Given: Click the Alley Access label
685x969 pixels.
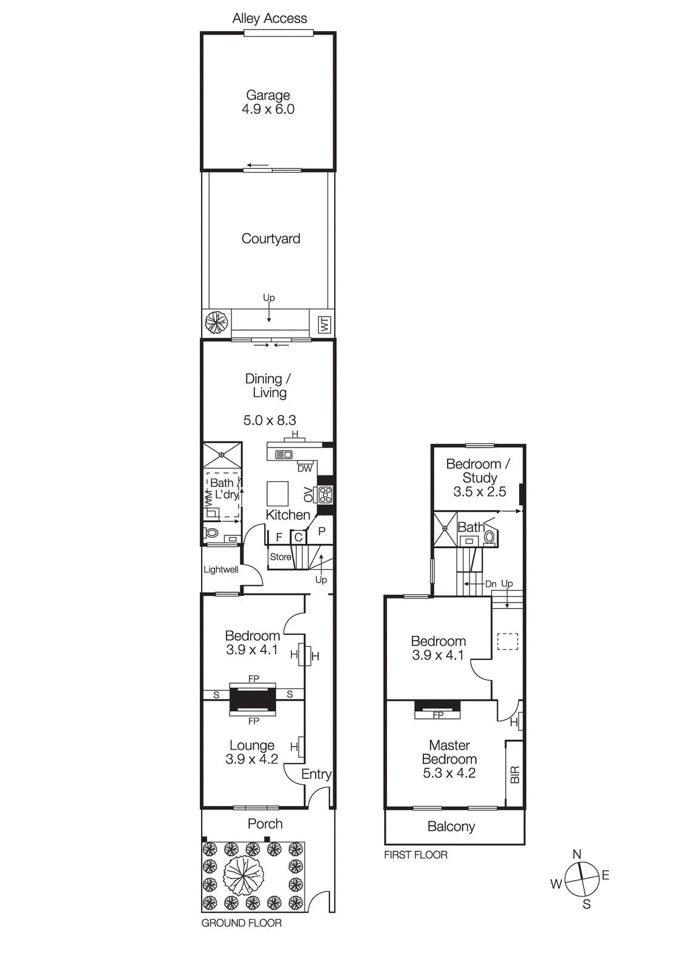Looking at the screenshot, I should pyautogui.click(x=270, y=19).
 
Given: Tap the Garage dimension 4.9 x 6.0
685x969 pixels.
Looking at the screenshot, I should pyautogui.click(x=268, y=110).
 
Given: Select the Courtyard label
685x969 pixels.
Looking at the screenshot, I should pyautogui.click(x=271, y=239).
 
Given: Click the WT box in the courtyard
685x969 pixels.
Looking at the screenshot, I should pyautogui.click(x=325, y=324).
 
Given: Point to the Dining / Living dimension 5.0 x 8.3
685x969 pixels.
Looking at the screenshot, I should pyautogui.click(x=270, y=420).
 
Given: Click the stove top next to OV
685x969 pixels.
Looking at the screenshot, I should pyautogui.click(x=326, y=495).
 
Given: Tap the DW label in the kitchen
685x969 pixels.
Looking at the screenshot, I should pyautogui.click(x=305, y=468).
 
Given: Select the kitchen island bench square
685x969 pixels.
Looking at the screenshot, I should pyautogui.click(x=278, y=494).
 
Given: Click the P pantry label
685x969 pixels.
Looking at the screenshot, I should pyautogui.click(x=322, y=531).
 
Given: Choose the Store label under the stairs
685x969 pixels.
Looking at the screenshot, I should pyautogui.click(x=280, y=557).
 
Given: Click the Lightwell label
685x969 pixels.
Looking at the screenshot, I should pyautogui.click(x=220, y=569).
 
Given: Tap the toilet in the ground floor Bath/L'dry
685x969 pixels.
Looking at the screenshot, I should pyautogui.click(x=212, y=533).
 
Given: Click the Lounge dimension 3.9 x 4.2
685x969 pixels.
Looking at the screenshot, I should pyautogui.click(x=251, y=759).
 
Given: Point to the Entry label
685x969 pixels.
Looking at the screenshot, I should pyautogui.click(x=316, y=774).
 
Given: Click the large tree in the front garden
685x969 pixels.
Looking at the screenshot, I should pyautogui.click(x=243, y=876).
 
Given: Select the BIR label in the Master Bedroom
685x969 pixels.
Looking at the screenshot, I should pyautogui.click(x=515, y=775).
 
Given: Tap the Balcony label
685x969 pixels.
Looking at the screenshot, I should pyautogui.click(x=451, y=827).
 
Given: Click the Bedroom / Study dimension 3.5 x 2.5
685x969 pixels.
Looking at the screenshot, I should pyautogui.click(x=480, y=492).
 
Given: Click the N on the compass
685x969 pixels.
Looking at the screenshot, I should pyautogui.click(x=577, y=854).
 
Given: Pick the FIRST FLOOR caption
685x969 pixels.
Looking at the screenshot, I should pyautogui.click(x=415, y=855).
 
